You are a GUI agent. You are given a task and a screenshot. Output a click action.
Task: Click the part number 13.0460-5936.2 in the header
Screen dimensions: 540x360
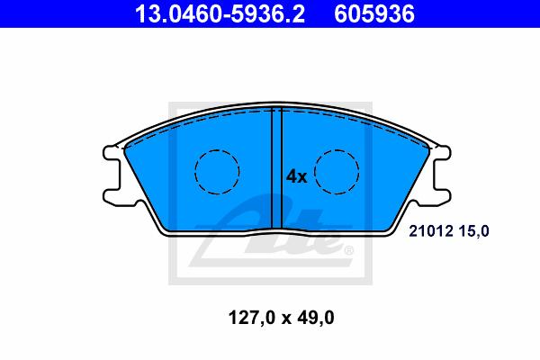pos(220,14)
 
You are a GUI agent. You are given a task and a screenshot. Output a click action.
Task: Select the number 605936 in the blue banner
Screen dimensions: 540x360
pos(374,14)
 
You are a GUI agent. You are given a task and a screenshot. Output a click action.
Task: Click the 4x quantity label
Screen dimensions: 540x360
pos(296,176)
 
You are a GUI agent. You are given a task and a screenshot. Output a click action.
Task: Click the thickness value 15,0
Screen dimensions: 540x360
pos(473,231)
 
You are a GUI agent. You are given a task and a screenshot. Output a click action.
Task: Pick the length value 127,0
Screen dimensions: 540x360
pos(252,318)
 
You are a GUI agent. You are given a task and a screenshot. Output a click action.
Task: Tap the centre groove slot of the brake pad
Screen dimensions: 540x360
pos(277,168)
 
